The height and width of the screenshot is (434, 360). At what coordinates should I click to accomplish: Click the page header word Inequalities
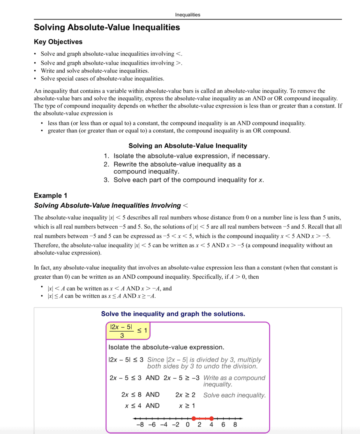coord(187,15)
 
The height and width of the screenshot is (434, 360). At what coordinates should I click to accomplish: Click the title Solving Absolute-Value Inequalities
coord(107,28)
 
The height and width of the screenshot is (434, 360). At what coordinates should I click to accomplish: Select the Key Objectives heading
coord(58,42)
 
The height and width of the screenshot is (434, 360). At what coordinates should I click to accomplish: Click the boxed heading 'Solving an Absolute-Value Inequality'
coord(187,146)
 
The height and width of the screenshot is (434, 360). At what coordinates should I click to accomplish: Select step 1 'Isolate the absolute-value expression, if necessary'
coord(191,156)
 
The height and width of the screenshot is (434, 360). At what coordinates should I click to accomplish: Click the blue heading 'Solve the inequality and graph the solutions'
coord(173,314)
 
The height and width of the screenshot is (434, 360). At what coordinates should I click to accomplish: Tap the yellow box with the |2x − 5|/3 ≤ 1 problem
coord(127,331)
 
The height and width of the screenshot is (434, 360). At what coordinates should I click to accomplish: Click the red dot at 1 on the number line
coord(194,418)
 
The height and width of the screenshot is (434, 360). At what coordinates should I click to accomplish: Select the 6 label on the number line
coord(223,425)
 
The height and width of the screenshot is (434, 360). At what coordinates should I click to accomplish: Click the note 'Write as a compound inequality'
coord(234,381)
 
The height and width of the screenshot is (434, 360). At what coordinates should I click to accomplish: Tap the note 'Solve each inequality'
coord(235,395)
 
